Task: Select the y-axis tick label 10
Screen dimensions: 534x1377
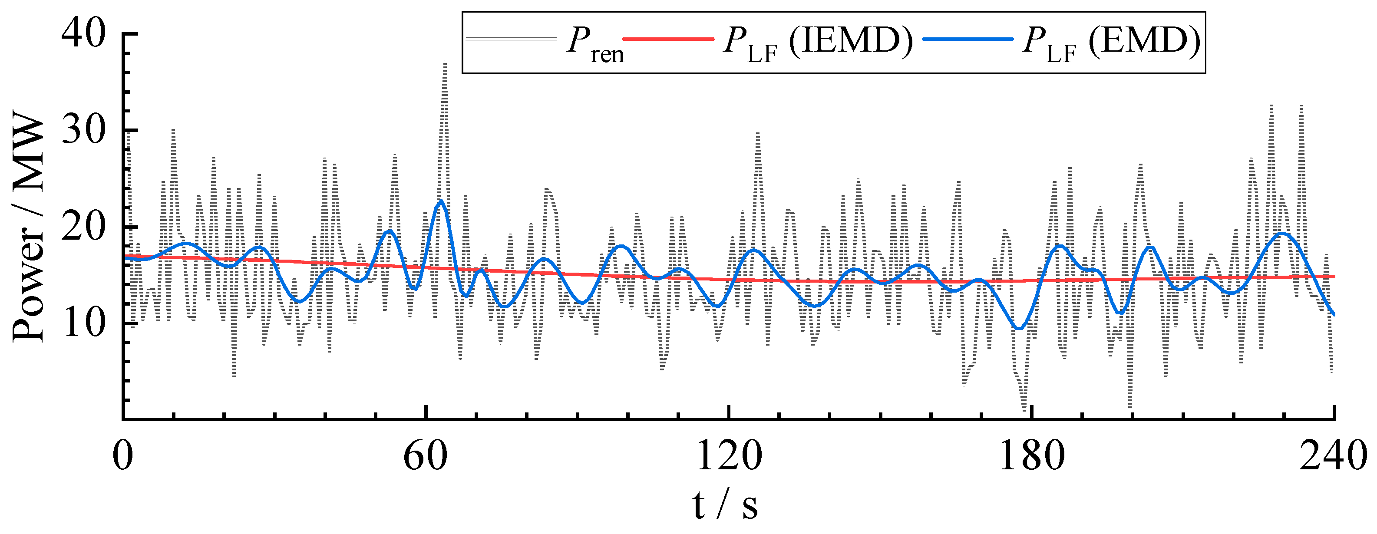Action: pos(83,323)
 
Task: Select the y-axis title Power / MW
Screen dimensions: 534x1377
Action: pos(28,227)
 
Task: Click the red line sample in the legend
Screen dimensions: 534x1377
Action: pos(668,39)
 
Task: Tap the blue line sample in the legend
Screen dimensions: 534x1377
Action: pos(968,39)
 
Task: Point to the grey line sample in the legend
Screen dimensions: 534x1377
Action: pos(511,39)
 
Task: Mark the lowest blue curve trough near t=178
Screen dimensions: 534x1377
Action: pos(1019,328)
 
